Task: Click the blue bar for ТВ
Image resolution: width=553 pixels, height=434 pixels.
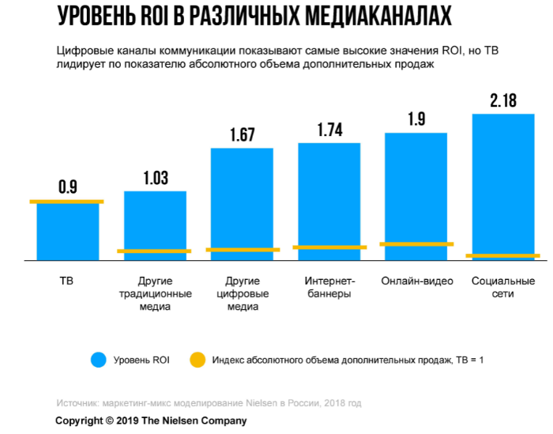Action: (68, 231)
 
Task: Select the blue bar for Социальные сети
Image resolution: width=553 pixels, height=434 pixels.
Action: (503, 186)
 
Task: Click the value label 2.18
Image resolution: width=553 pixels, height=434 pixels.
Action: (503, 100)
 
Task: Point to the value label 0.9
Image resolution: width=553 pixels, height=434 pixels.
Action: (68, 187)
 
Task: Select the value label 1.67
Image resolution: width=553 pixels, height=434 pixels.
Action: (243, 135)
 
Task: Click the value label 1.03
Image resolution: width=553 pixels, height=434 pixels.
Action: (156, 178)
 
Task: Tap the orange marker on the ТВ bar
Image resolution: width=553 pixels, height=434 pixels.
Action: (67, 202)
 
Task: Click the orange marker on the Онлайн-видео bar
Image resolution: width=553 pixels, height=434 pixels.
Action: (416, 244)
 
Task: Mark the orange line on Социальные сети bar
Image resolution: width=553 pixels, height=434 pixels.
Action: (503, 255)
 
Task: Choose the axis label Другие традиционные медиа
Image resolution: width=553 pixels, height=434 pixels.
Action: (155, 294)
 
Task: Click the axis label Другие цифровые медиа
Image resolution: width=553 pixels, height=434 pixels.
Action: (243, 294)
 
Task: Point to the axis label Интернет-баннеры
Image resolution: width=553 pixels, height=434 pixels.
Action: (329, 288)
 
